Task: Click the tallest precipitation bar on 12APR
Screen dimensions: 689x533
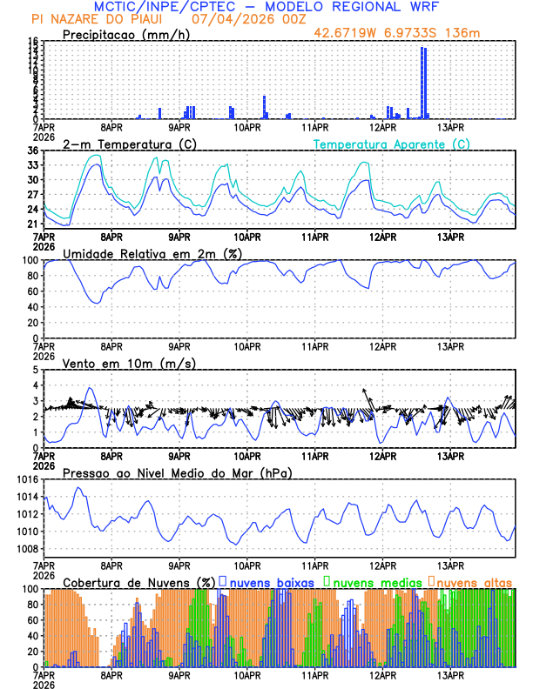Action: [423, 83]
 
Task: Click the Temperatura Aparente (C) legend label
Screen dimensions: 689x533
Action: [391, 144]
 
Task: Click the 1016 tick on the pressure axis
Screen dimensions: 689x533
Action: [26, 479]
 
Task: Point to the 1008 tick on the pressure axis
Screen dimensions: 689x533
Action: [26, 549]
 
